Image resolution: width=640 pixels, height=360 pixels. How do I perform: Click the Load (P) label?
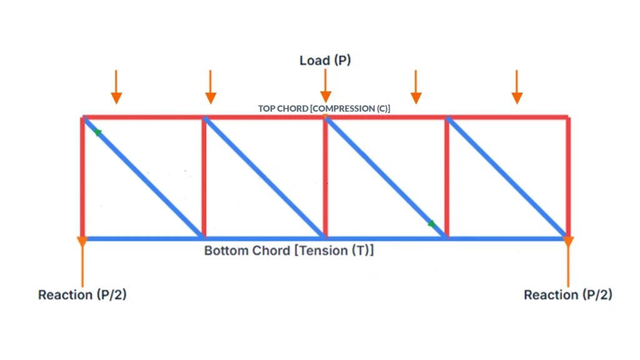pos(324,61)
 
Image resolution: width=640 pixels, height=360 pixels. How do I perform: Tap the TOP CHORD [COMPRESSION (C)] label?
pos(324,108)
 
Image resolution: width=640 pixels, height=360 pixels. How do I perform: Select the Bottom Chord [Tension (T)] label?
pos(289,251)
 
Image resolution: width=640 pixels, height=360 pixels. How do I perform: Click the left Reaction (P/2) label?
pos(82,294)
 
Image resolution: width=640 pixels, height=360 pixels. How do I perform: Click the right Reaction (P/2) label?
pos(567,294)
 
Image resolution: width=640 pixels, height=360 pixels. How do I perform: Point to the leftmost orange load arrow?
pos(116,87)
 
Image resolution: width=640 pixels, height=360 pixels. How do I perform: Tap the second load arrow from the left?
pos(211,87)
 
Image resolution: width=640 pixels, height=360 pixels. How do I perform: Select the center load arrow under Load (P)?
pos(326,87)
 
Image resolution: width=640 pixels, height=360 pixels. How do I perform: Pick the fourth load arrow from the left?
pos(416,87)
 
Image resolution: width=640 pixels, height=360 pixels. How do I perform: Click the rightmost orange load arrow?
pos(516,87)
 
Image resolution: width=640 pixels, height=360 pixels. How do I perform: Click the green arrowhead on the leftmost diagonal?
pos(97,132)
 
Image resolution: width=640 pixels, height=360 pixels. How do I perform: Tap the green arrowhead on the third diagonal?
pos(431,223)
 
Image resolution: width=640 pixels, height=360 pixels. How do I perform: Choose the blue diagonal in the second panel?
pos(264,177)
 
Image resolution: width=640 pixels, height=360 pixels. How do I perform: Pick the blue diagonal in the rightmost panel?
pos(507,177)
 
